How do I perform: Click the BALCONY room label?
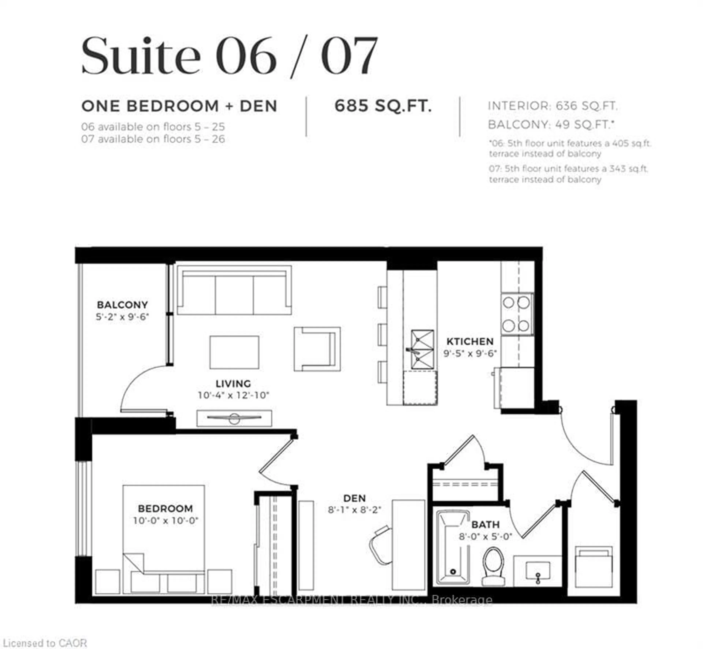122,304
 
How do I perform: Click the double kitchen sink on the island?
422,349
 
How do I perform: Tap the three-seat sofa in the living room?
234,290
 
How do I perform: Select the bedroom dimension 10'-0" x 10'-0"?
165,520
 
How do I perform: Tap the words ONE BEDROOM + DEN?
179,106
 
